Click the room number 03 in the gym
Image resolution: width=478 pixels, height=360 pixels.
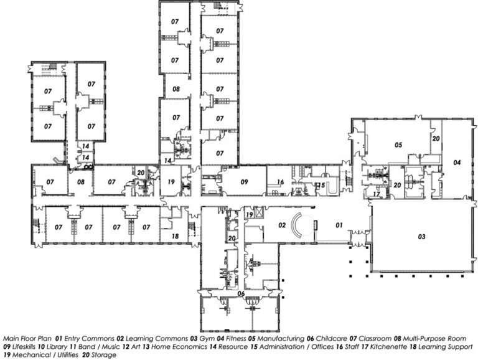tap(421, 237)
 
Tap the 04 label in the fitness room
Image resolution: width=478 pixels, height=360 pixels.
tap(457, 163)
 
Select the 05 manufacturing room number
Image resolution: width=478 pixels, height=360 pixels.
tap(398, 144)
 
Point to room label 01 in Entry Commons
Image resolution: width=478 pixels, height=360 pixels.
tap(339, 225)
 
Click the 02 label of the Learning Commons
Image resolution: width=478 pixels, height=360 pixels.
tap(283, 225)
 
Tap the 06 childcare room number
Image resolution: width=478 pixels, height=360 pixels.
tap(241, 293)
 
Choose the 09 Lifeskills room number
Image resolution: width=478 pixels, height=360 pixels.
tap(244, 182)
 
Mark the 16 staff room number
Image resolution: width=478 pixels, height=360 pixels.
tap(280, 182)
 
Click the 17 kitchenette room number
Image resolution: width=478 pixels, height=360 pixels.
tap(377, 194)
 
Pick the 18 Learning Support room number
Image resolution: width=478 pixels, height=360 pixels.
tap(176, 236)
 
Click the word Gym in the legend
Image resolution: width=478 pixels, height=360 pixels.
tap(207, 339)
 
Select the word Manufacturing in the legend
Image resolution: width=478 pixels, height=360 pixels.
tap(281, 339)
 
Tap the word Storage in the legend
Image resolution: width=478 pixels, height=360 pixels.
tap(104, 355)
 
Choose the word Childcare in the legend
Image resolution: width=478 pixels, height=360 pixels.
tap(331, 339)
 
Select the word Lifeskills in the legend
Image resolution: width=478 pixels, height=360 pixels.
tap(24, 347)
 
